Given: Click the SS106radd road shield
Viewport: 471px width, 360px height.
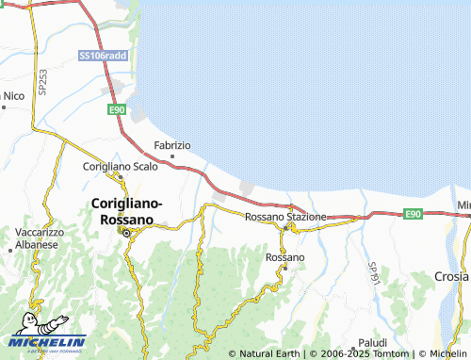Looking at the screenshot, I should (103, 57).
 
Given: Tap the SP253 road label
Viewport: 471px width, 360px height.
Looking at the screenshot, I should (42, 83).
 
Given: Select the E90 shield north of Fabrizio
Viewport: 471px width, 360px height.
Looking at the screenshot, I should (117, 110).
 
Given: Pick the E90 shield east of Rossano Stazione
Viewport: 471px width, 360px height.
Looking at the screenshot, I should (413, 215).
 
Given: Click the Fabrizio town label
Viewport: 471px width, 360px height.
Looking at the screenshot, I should (172, 145).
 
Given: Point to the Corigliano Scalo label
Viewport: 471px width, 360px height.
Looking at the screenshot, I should (121, 166).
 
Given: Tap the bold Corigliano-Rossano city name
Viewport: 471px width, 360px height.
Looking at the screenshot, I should (127, 210).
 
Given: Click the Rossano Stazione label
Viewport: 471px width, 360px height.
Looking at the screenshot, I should (285, 217).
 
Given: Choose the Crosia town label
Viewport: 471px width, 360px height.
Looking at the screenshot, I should (452, 276).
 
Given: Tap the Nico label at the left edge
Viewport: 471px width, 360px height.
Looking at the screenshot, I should (12, 95).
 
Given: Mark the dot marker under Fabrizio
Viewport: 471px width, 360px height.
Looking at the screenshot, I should (172, 155).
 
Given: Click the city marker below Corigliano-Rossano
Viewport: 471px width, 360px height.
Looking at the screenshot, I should (127, 233).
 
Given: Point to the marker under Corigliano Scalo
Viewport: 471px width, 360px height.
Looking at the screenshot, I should (121, 176).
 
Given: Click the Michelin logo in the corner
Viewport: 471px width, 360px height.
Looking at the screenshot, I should (44, 343).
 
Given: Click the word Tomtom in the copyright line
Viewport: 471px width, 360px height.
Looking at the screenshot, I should (390, 353).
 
